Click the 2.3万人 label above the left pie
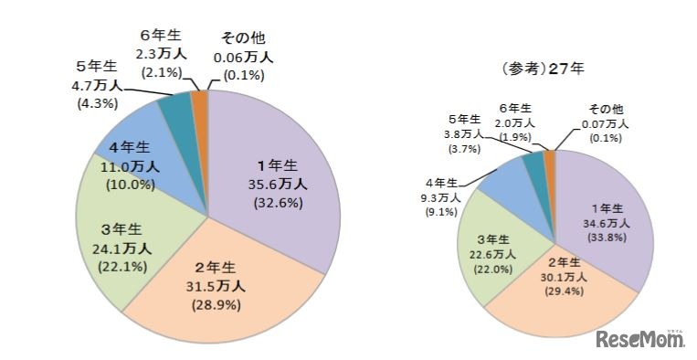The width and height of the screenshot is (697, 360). pos(163,55)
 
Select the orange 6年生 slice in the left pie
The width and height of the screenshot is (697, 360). pos(199,98)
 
